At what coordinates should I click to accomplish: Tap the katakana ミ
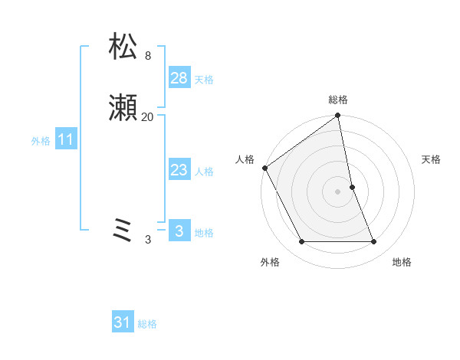[123, 231]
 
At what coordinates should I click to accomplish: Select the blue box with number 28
[179, 79]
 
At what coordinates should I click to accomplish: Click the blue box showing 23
[179, 171]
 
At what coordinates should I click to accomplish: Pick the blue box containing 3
[179, 231]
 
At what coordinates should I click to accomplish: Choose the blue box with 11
[66, 140]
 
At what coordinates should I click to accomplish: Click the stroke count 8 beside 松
[148, 56]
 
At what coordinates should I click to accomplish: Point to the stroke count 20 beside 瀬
[148, 117]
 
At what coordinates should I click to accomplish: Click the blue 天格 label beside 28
[204, 80]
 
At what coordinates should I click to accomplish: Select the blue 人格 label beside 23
[204, 172]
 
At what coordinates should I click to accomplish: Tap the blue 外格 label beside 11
[41, 141]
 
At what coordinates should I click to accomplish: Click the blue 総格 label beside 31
[147, 324]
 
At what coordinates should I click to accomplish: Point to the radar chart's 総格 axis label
[338, 100]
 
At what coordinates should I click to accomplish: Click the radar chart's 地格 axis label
[402, 262]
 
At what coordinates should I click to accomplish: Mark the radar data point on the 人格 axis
[264, 168]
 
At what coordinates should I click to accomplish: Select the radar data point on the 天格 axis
[352, 187]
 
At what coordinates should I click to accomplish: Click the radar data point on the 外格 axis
[301, 242]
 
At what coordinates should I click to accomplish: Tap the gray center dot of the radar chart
[338, 191]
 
